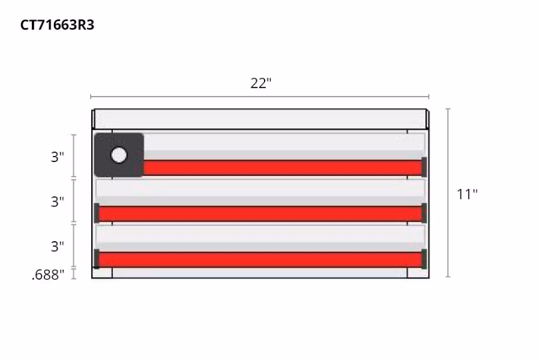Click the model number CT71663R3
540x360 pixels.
tap(58, 25)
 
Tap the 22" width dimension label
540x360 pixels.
tap(261, 83)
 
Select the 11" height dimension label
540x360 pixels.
tap(467, 194)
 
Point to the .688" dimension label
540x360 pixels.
tap(48, 275)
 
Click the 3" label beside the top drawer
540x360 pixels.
tap(57, 157)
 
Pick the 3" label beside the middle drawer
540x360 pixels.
tap(57, 202)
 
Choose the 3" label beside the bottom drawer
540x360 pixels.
tap(57, 246)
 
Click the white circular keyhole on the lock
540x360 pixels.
tap(119, 155)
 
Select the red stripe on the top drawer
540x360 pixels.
tap(282, 167)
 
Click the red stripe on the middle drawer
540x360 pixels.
tap(261, 213)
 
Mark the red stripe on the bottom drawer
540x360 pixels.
tap(261, 259)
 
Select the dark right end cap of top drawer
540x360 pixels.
tap(424, 167)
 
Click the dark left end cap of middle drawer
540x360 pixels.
tap(97, 213)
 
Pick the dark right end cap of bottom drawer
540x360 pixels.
tap(424, 259)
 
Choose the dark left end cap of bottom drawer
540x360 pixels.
tap(97, 259)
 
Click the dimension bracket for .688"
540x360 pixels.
tap(74, 274)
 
